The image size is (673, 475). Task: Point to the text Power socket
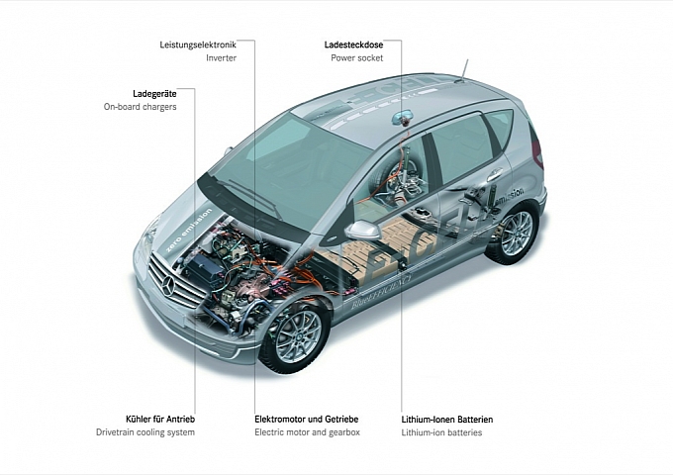[x=358, y=58]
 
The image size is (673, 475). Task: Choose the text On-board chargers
[x=141, y=106]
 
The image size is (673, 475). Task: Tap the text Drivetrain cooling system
[x=145, y=433]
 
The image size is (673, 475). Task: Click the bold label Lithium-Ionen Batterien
[x=447, y=420]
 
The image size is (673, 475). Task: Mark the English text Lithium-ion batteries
[x=441, y=433]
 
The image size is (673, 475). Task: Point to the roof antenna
[x=462, y=67]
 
